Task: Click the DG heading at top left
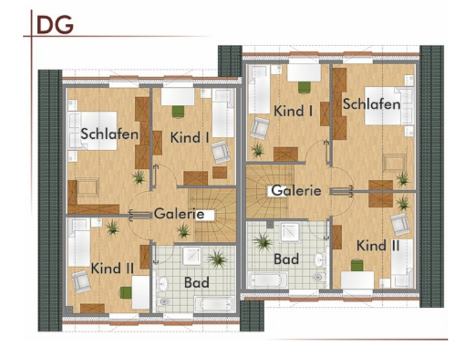point(55,24)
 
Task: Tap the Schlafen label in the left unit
point(110,134)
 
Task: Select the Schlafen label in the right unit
point(372,104)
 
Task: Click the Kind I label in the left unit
point(189,138)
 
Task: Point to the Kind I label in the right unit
point(293,111)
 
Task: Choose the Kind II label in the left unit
point(112,269)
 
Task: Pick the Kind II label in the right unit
point(378,245)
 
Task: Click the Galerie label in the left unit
point(179,214)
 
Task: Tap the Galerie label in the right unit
point(296,191)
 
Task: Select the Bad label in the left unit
point(197,283)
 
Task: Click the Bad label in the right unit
point(286,259)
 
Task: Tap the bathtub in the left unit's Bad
point(214,304)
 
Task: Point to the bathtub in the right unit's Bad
point(268,280)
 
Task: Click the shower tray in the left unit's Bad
point(192,256)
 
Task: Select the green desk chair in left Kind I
point(178,111)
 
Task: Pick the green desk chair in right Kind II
point(357,265)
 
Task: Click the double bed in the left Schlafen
point(92,131)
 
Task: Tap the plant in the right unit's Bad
point(263,242)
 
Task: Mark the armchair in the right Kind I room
point(260,128)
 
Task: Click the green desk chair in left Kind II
point(126,292)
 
